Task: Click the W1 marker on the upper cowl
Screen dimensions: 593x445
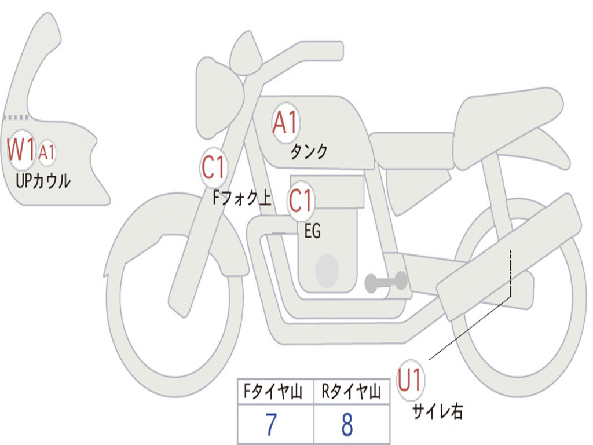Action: pos(21,149)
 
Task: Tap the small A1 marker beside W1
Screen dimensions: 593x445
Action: pos(46,153)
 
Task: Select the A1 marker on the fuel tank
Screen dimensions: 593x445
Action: pos(286,122)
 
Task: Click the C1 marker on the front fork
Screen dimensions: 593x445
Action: pos(213,167)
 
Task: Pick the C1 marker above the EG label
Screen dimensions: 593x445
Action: pos(301,200)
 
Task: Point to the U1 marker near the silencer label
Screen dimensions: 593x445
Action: pos(410,380)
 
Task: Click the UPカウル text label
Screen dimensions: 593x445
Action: pos(43,181)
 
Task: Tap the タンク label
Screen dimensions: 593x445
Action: pos(309,151)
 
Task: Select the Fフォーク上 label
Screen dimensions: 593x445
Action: pos(242,198)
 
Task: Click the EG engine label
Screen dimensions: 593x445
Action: pos(312,231)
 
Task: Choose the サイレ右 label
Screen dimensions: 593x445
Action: pos(438,411)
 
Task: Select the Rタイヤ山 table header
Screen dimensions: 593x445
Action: pos(352,392)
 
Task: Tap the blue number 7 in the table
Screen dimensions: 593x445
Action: pos(271,424)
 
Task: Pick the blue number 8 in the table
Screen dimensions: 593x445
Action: pos(347,424)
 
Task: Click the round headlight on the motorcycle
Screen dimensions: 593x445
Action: pos(219,97)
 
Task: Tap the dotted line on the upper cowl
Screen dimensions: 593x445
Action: pos(16,118)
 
